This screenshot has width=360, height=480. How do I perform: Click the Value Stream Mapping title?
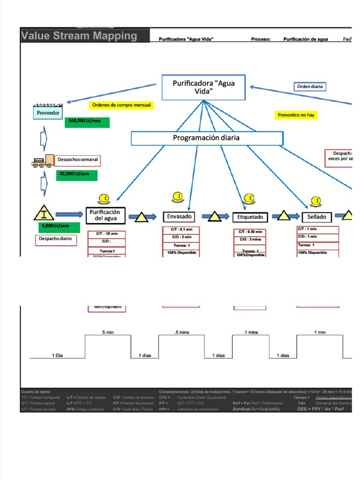(x=80, y=36)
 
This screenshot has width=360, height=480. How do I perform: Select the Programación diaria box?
(x=206, y=138)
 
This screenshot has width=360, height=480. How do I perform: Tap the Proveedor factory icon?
(x=48, y=112)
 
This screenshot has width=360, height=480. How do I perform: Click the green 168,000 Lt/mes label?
(x=88, y=122)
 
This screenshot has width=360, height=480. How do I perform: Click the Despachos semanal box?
(x=77, y=160)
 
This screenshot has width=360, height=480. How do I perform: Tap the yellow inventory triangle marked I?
(x=44, y=214)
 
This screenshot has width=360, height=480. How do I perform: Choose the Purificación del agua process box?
(x=105, y=215)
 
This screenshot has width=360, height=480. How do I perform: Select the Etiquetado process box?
(x=250, y=217)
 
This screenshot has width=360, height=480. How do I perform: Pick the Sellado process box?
(x=317, y=217)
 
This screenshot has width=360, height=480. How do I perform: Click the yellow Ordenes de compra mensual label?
(x=121, y=105)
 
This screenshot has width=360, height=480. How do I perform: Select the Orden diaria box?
(x=310, y=87)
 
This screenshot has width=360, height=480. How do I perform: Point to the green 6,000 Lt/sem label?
(x=59, y=227)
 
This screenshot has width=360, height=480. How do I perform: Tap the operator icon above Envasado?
(x=177, y=197)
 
